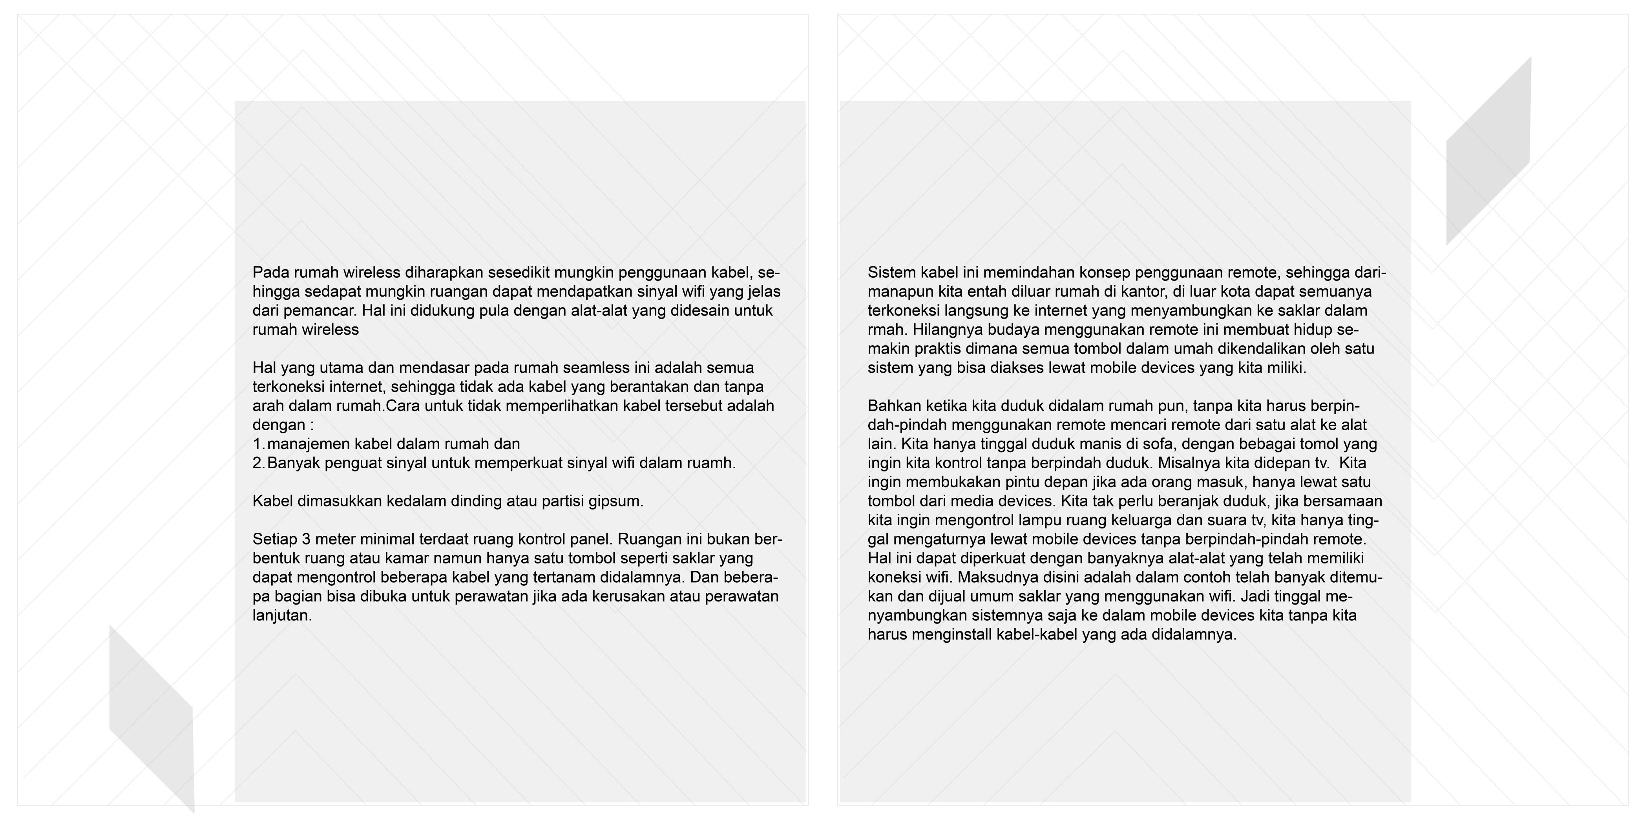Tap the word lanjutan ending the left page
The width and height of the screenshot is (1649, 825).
point(282,616)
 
